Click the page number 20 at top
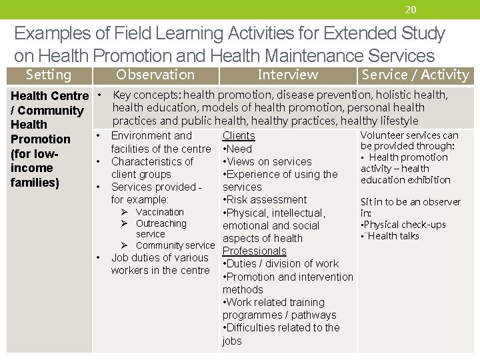click(x=411, y=9)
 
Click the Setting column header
click(x=48, y=75)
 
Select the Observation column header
click(x=155, y=75)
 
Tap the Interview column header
click(x=287, y=75)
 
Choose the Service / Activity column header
click(x=415, y=75)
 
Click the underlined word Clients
click(x=239, y=136)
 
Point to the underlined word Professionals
click(x=254, y=251)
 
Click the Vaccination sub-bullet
click(x=159, y=212)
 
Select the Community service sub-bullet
click(x=175, y=245)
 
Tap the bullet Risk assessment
click(x=265, y=200)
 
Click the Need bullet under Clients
click(x=239, y=149)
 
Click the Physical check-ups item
click(x=404, y=225)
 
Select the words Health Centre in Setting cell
click(x=49, y=96)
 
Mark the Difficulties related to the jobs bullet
click(x=281, y=328)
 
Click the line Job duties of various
click(x=160, y=257)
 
